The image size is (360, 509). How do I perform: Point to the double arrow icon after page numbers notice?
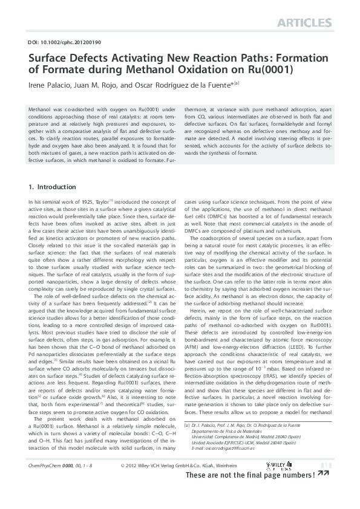324,491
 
